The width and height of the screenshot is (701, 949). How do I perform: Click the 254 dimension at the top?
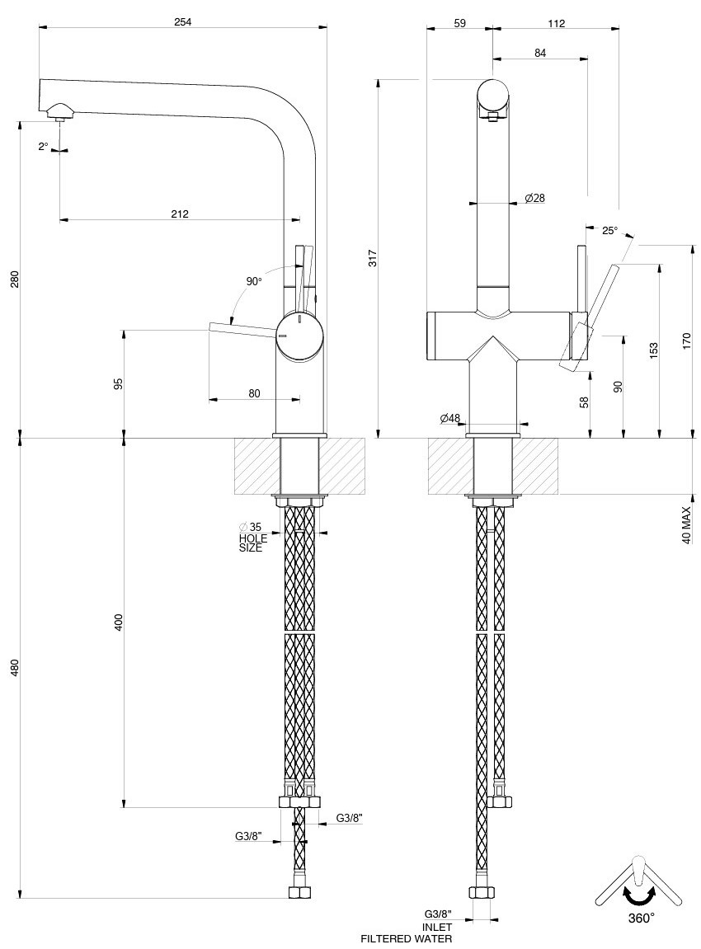pos(183,22)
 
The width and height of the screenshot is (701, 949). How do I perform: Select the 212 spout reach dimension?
pos(180,214)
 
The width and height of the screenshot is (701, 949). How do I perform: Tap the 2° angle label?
pos(43,147)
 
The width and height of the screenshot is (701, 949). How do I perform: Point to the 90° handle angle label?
pos(254,281)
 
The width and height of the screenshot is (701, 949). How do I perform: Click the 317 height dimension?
pos(373,258)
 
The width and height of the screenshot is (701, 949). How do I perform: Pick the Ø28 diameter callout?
pos(534,198)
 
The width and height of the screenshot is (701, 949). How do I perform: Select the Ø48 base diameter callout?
pos(450,419)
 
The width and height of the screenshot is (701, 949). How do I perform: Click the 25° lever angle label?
pos(609,231)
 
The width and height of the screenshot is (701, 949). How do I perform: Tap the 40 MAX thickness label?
pos(686,524)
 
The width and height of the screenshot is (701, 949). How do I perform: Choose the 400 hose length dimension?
pos(118,622)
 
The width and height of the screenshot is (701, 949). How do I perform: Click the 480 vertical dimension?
pos(15,668)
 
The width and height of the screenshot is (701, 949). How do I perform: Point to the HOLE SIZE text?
pos(250,543)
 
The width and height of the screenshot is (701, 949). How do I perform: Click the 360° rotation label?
pos(641,917)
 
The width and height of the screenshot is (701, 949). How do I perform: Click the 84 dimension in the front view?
pos(540,53)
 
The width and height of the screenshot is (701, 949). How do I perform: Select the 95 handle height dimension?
pos(118,383)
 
